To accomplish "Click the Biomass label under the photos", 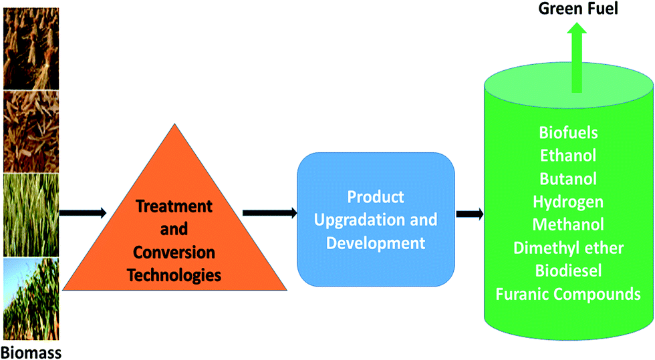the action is tap(32, 353).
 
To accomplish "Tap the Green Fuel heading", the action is tap(578, 9).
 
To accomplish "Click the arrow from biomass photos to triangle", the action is tap(83, 213).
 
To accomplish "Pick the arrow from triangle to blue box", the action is tap(270, 213).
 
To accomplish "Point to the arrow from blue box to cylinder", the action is tap(469, 214).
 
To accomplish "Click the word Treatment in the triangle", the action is tap(174, 206).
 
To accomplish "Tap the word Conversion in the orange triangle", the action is tap(174, 252).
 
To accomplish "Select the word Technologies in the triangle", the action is tap(174, 275).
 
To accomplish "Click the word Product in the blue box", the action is tap(376, 197).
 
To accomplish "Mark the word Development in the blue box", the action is tap(376, 243).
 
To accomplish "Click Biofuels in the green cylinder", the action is tap(568, 133).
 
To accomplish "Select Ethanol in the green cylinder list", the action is tap(568, 156).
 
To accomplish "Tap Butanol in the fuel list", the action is tap(568, 179).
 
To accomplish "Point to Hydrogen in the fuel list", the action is tap(568, 202).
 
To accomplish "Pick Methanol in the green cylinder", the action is tap(568, 224).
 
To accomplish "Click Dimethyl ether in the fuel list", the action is tap(568, 248).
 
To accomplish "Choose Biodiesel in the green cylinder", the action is tap(568, 271).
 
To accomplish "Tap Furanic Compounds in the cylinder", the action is tap(568, 294).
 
